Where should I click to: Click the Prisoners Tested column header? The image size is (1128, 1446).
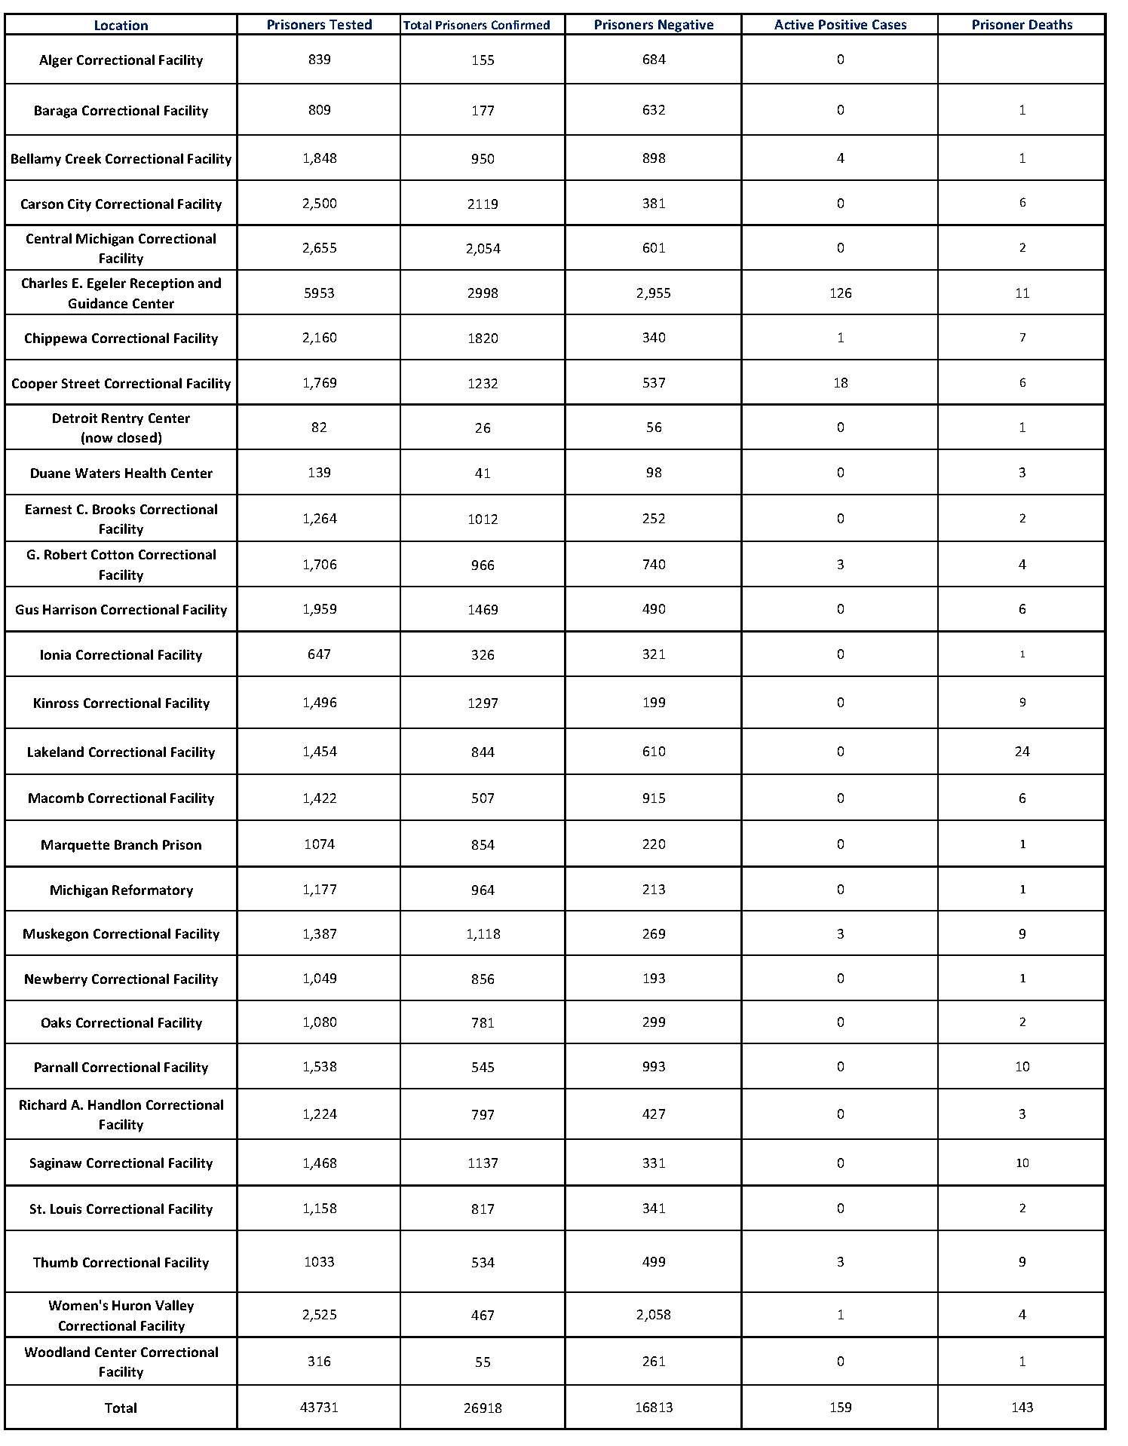tap(319, 25)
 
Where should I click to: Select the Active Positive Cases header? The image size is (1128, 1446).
tap(840, 25)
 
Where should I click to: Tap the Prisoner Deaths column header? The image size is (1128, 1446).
tap(1022, 25)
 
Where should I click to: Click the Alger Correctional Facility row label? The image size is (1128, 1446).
tap(121, 60)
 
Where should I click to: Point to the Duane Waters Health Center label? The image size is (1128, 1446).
tap(121, 473)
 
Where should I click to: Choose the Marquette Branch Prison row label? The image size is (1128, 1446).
tap(121, 845)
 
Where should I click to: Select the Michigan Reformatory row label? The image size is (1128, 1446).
tap(121, 890)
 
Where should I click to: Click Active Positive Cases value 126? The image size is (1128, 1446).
tap(840, 293)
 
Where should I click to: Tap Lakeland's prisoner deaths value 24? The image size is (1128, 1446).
tap(1022, 752)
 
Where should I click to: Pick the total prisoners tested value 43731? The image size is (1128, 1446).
tap(319, 1408)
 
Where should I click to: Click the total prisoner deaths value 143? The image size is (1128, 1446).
tap(1022, 1408)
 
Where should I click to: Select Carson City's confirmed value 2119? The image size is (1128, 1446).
tap(483, 204)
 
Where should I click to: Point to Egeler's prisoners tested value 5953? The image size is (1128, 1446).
tap(319, 293)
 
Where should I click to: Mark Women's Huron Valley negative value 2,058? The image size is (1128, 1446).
tap(653, 1315)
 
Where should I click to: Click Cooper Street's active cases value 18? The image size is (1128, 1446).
tap(840, 383)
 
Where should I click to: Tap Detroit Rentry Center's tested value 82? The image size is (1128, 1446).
tap(319, 427)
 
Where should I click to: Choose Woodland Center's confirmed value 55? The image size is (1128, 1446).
tap(483, 1362)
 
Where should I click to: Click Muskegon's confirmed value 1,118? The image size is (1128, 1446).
tap(483, 934)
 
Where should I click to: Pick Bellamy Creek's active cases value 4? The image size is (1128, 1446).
tap(840, 158)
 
